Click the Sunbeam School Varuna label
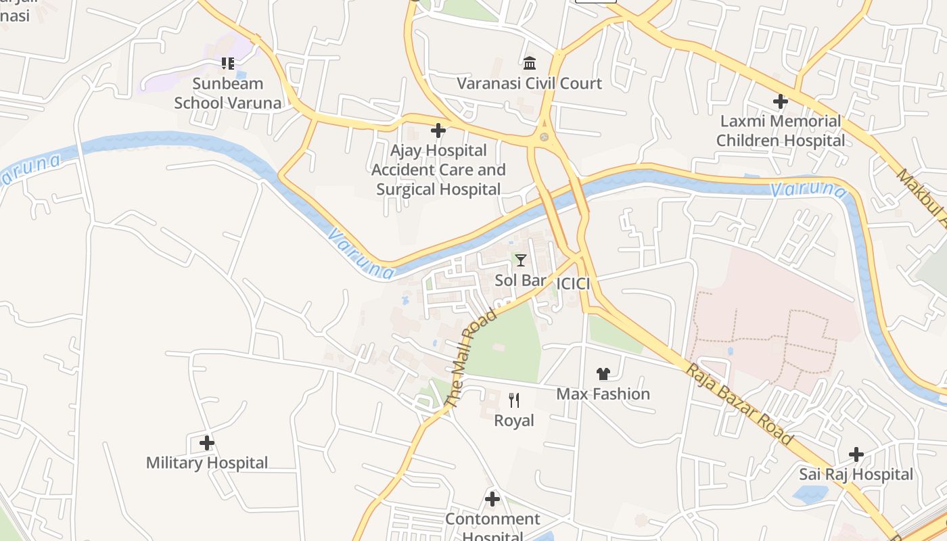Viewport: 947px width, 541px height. tap(228, 93)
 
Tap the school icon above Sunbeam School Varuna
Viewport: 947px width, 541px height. tap(228, 64)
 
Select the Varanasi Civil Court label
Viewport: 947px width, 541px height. tap(529, 83)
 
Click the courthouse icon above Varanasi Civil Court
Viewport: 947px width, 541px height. tap(530, 64)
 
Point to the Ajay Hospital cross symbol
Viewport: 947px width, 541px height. tap(438, 131)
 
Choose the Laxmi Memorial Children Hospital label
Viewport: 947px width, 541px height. tap(781, 131)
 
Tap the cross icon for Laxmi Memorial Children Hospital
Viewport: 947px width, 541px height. tap(781, 101)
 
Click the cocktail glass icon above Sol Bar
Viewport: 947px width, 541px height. tap(520, 260)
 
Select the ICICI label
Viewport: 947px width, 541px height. tap(572, 284)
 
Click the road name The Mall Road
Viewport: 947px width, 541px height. tap(471, 358)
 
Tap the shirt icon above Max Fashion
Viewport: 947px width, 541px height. tap(603, 374)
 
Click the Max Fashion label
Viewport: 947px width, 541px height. tap(603, 394)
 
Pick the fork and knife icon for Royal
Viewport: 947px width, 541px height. tap(514, 400)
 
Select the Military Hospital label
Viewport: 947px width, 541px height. tap(207, 463)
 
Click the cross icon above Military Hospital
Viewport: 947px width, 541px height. tap(207, 444)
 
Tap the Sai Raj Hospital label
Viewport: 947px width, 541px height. tap(856, 474)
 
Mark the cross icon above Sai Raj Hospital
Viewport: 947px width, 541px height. tap(856, 454)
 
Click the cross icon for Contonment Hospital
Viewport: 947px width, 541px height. tap(492, 500)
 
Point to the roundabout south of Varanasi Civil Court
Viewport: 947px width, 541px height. tap(544, 137)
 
